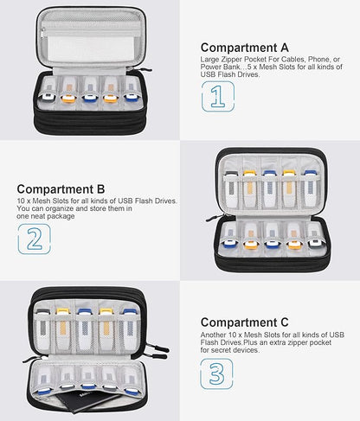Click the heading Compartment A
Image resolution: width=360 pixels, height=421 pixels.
coord(245,48)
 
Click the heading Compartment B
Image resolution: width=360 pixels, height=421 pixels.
coord(61,189)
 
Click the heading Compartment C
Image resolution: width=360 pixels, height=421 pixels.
coord(245,322)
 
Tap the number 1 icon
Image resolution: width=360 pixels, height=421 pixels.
coord(218,97)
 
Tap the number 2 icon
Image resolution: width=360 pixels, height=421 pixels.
coord(35,239)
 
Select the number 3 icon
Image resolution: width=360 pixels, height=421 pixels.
coord(216,373)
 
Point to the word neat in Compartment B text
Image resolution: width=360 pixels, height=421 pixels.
coord(38,216)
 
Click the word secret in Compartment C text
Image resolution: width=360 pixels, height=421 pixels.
coord(224,350)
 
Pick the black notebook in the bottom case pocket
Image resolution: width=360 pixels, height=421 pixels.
coord(87,401)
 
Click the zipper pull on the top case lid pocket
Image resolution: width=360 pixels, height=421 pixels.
coord(43,33)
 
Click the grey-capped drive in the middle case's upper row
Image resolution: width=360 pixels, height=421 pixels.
coord(231,188)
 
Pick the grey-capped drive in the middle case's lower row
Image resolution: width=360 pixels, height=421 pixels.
coord(315,236)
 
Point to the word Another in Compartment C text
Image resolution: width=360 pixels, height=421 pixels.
coord(213,335)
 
